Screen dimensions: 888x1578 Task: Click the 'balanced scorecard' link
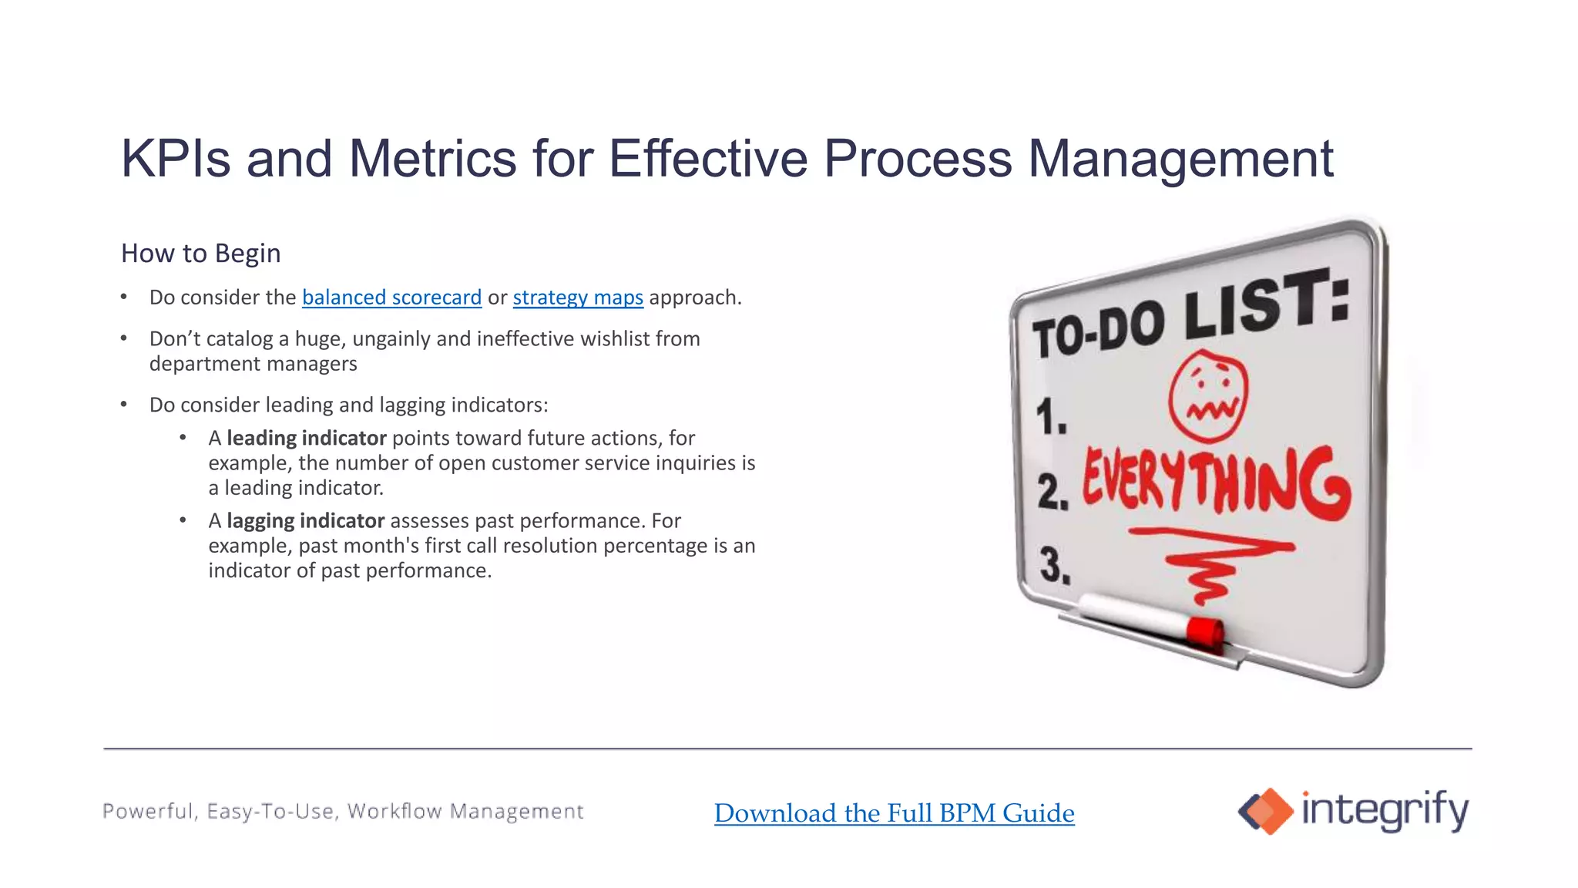click(391, 298)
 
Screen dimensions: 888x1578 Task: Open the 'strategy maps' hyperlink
click(578, 298)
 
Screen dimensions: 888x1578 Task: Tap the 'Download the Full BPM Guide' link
click(894, 813)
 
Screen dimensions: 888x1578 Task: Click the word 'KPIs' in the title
click(176, 159)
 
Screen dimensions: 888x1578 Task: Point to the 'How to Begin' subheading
click(200, 254)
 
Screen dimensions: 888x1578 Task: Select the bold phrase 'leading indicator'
click(306, 439)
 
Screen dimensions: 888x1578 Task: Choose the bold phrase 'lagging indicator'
click(305, 521)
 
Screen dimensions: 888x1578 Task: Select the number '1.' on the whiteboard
click(1051, 418)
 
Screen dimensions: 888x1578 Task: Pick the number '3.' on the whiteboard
click(1055, 565)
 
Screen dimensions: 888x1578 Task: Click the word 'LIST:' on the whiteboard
click(1267, 304)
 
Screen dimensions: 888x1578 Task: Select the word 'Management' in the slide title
click(1180, 159)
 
